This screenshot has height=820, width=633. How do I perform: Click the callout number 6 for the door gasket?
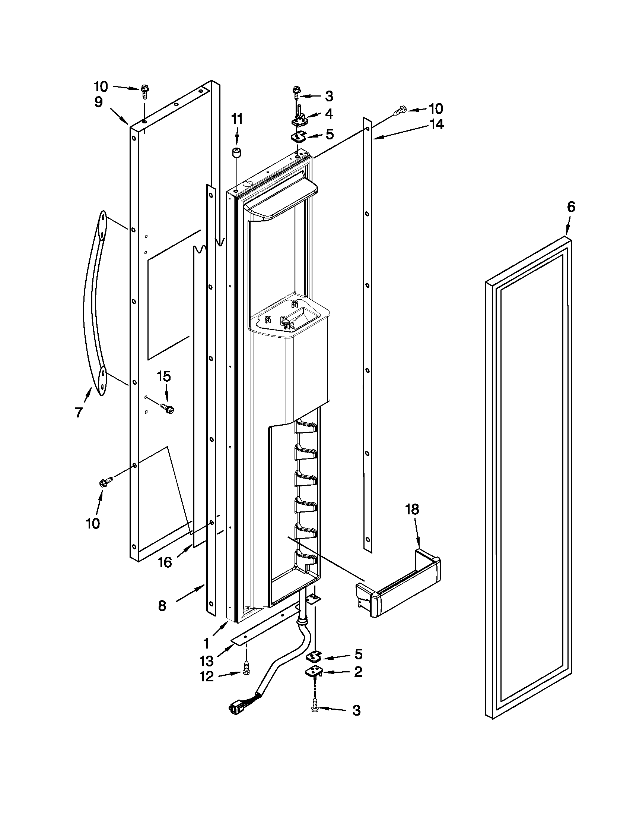click(x=571, y=207)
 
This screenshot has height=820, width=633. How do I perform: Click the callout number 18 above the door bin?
click(x=412, y=510)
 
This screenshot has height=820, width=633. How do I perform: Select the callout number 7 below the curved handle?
click(x=79, y=413)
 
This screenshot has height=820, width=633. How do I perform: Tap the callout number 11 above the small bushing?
click(x=236, y=119)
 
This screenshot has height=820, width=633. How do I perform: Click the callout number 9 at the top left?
click(x=98, y=102)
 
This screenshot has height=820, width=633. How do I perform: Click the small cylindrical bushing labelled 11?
click(x=236, y=154)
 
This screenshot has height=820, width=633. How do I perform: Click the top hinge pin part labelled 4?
click(x=300, y=117)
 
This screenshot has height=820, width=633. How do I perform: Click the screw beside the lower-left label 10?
click(x=106, y=482)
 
